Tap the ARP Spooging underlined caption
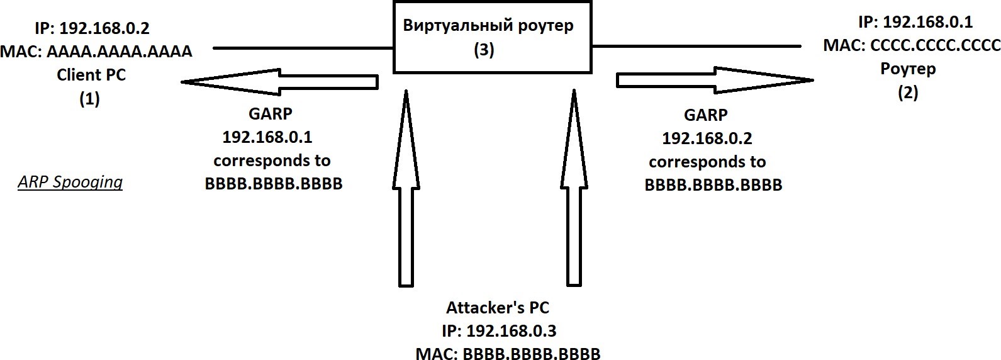tap(70, 182)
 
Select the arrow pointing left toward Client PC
tap(279, 82)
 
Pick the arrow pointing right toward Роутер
tap(715, 80)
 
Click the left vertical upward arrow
tap(406, 189)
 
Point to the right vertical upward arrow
tap(573, 189)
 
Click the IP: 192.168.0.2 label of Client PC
tap(92, 28)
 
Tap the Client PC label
tap(91, 74)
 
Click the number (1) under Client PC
tap(89, 98)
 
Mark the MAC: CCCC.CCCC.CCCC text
tap(911, 45)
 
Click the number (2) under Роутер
tap(908, 92)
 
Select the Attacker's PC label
tap(498, 308)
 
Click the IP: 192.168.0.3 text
tap(499, 331)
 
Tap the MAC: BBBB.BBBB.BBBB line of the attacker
tap(508, 353)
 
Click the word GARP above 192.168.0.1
tap(271, 114)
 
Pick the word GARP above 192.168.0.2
tap(705, 115)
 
